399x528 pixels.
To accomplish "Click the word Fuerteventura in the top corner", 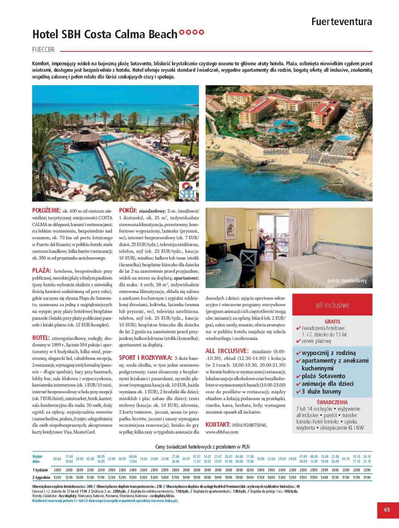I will click(x=342, y=22).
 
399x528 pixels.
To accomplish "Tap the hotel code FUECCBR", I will click(x=43, y=50).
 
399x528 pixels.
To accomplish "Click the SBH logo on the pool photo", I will click(x=187, y=190).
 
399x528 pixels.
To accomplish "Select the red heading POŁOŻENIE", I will click(x=46, y=210).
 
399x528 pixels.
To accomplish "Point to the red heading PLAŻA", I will click(x=42, y=270).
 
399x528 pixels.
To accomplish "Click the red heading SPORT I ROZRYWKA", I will click(x=145, y=357).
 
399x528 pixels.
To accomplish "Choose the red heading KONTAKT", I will click(x=218, y=424).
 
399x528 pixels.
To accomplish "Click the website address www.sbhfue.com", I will click(x=222, y=432).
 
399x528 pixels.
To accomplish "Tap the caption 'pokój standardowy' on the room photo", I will click(x=347, y=280).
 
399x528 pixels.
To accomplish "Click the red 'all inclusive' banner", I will click(x=332, y=305).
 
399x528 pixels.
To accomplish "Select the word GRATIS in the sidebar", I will click(x=332, y=321).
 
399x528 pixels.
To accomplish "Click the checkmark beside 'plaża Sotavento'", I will click(x=298, y=376).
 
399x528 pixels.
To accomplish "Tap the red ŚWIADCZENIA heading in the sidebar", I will click(x=332, y=402).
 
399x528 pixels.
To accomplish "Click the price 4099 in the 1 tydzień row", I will click(x=250, y=470).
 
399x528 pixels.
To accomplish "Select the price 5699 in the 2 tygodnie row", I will click(x=271, y=477).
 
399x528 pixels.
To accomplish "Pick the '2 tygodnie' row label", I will click(x=41, y=477).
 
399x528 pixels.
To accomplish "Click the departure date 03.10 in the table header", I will click(x=346, y=459).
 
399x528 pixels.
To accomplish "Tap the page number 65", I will click(x=387, y=510).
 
